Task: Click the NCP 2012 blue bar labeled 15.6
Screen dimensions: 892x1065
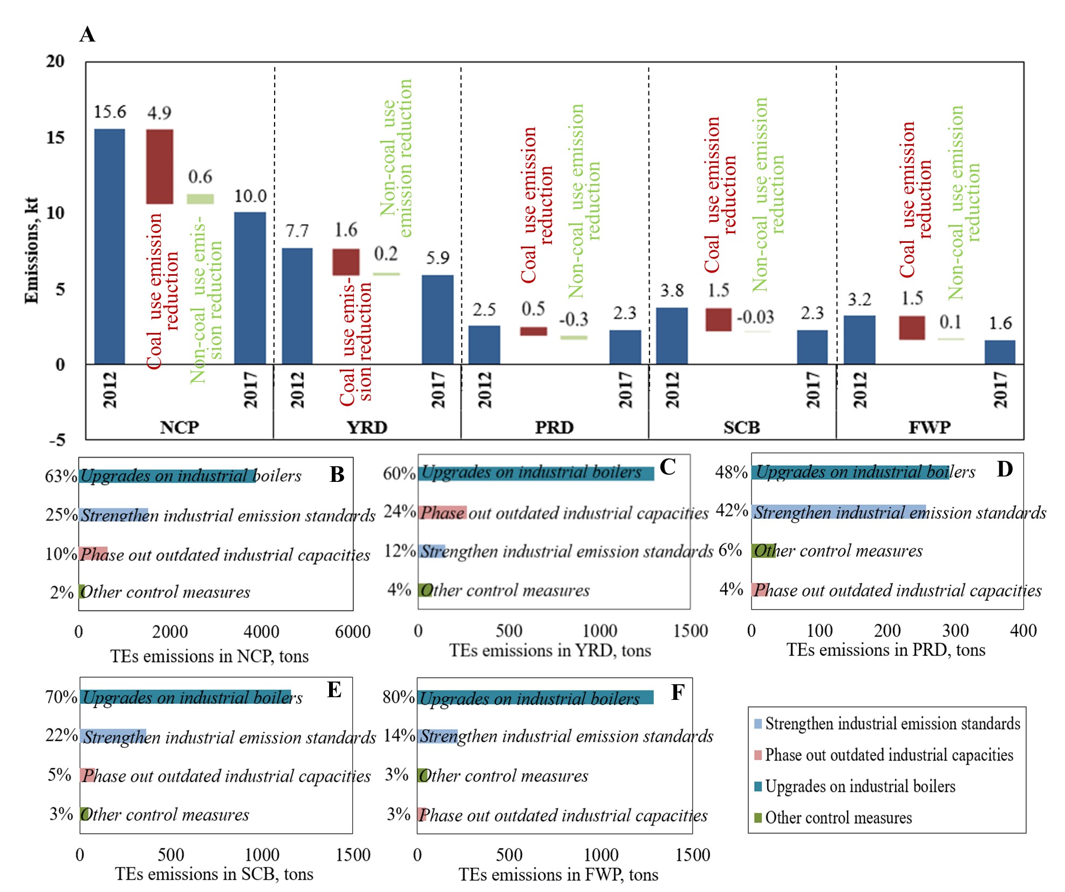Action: pos(110,246)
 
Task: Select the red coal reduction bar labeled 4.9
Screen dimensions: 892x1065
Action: pos(160,166)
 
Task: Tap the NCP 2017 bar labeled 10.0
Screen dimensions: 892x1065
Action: pos(250,288)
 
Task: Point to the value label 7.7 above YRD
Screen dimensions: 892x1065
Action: pos(297,231)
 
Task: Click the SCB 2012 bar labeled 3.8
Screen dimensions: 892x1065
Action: pos(672,336)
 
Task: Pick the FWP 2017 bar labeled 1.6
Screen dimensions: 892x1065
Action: pos(1000,352)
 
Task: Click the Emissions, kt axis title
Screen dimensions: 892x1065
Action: pos(31,250)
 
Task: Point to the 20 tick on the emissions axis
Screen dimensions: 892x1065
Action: pos(55,61)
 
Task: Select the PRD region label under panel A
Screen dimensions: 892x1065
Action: pos(554,427)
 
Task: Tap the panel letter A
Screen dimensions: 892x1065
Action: pos(87,35)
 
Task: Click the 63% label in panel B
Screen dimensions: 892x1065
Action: pos(61,476)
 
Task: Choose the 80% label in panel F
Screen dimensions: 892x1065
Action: pos(398,697)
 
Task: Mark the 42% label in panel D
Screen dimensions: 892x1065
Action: pos(731,510)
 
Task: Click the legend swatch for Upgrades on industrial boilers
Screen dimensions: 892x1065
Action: pos(758,786)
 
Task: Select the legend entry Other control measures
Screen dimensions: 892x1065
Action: pos(838,818)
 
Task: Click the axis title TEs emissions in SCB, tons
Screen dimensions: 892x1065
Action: pos(214,874)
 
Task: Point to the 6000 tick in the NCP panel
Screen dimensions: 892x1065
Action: pos(353,632)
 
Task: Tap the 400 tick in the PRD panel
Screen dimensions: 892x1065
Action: pos(1023,630)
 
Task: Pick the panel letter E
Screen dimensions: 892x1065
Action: pos(334,690)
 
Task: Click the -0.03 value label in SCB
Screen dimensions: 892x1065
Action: pos(755,317)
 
